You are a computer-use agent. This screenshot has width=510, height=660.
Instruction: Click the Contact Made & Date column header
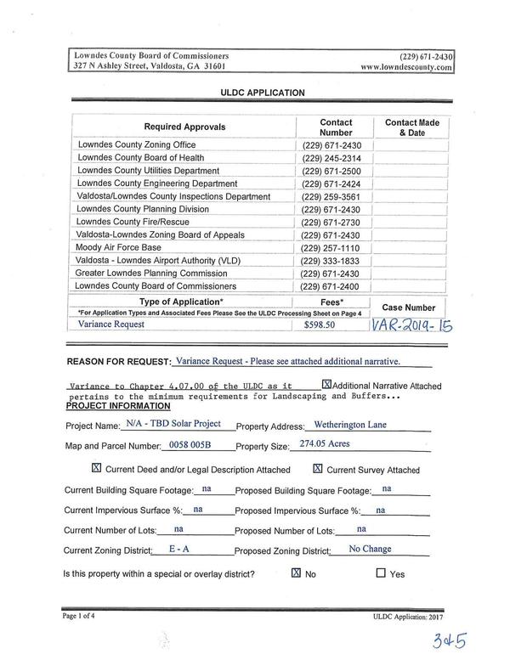tap(411, 128)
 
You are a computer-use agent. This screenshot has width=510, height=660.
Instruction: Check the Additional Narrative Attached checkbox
tap(326, 384)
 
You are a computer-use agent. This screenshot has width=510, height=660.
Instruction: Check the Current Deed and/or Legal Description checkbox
tap(96, 468)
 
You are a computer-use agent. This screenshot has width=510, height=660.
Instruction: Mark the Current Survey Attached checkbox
tap(318, 468)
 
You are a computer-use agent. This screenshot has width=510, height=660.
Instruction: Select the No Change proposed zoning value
tap(370, 550)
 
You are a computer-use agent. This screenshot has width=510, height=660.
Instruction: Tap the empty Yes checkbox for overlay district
tap(380, 573)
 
